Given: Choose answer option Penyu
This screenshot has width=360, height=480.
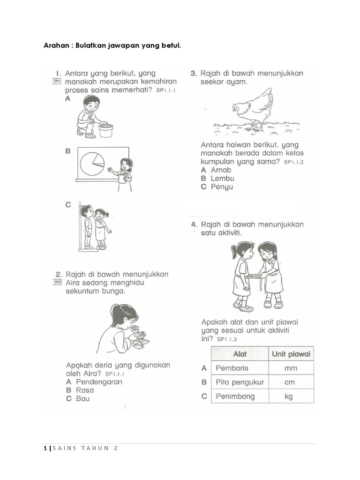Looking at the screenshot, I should point(221,187).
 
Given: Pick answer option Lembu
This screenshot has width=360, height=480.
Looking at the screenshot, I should point(222,178).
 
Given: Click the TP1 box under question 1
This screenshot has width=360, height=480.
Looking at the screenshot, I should point(56,82).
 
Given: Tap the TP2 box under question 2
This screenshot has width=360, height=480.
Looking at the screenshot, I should point(57,282).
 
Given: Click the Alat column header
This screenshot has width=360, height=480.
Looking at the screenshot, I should point(239,354).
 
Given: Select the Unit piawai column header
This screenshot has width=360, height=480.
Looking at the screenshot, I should point(291,354).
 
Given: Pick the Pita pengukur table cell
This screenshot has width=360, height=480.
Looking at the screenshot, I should point(240,382).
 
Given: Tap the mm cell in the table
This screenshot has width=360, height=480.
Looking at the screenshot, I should point(291,368).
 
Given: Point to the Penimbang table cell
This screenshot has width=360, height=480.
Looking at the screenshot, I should point(235,396).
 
